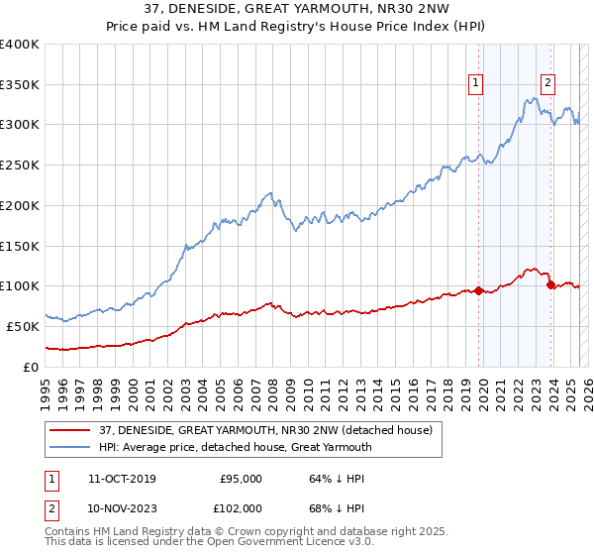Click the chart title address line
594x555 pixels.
pyautogui.click(x=297, y=10)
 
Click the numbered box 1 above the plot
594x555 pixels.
pyautogui.click(x=476, y=84)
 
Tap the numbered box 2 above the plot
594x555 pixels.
pyautogui.click(x=547, y=84)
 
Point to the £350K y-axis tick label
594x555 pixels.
pyautogui.click(x=20, y=85)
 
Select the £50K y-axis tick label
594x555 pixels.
pyautogui.click(x=24, y=326)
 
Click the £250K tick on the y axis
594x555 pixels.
pyautogui.click(x=20, y=166)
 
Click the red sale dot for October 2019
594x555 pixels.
pyautogui.click(x=478, y=290)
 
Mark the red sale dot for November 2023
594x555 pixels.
pyautogui.click(x=550, y=284)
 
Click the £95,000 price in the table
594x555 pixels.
pyautogui.click(x=240, y=479)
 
